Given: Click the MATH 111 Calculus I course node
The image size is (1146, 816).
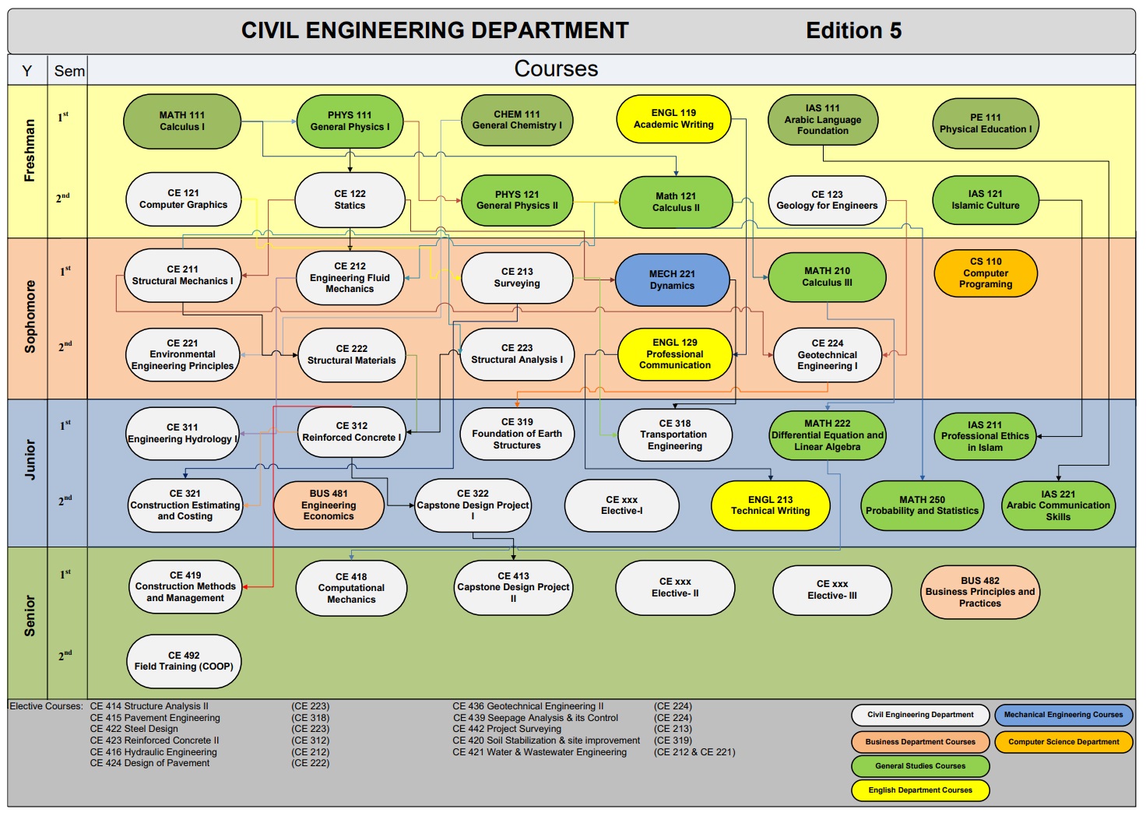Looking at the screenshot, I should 182,121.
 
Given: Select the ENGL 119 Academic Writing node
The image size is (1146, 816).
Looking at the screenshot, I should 673,119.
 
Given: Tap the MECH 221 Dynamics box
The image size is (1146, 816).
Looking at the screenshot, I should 672,280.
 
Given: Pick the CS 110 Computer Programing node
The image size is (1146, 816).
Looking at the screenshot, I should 986,273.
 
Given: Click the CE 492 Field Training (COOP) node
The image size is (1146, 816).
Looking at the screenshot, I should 184,661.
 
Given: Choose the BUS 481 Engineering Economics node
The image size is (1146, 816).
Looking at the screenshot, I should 329,505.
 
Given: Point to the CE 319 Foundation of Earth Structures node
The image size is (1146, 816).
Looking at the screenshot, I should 517,434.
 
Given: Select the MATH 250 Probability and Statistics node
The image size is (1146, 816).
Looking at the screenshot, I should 922,505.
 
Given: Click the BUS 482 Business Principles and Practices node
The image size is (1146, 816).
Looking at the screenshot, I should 980,592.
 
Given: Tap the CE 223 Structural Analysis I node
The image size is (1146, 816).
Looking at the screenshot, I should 517,354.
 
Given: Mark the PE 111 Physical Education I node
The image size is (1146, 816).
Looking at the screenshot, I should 986,124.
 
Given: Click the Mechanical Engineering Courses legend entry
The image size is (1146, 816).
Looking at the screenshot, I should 1063,715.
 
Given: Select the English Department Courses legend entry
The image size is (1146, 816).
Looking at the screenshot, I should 920,790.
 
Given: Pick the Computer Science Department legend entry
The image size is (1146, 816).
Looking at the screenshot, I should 1063,742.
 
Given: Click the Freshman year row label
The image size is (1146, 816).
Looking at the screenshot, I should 30,151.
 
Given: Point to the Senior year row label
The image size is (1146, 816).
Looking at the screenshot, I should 30,616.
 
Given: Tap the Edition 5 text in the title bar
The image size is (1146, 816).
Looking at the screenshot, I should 853,31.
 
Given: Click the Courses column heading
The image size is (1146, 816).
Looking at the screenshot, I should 556,69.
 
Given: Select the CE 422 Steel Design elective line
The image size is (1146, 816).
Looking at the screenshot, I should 134,730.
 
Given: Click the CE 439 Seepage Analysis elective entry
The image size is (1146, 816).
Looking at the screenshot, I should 536,718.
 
